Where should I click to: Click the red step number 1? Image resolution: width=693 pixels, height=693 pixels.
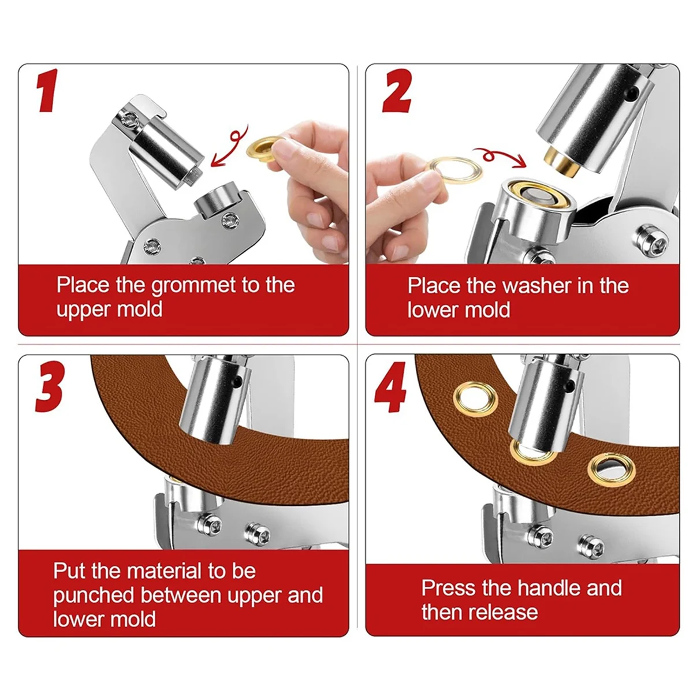pyautogui.click(x=48, y=90)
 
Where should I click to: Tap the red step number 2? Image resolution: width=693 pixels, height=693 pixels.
pyautogui.click(x=397, y=91)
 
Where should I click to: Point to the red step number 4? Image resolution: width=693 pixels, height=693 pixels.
pyautogui.click(x=390, y=387)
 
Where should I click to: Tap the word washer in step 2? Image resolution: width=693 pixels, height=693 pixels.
pyautogui.click(x=537, y=286)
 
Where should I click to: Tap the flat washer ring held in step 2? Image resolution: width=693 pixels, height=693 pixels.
pyautogui.click(x=454, y=170)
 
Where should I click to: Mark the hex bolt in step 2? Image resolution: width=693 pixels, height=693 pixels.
pyautogui.click(x=651, y=241)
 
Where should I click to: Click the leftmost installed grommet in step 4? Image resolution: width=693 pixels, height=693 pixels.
pyautogui.click(x=475, y=398)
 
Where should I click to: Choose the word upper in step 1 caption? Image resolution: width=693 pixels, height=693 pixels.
pyautogui.click(x=81, y=311)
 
